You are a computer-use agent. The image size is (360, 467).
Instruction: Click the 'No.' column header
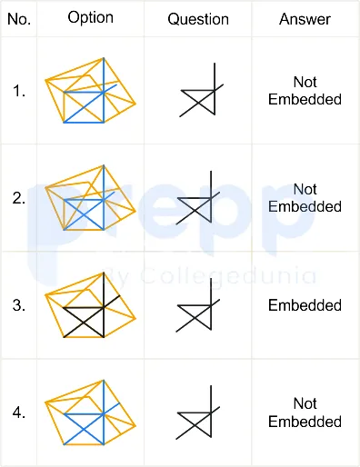point(19,19)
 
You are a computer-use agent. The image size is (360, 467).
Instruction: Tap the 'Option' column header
point(91,18)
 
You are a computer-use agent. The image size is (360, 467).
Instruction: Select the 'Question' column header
point(198,19)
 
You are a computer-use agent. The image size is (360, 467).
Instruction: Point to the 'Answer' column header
point(305,19)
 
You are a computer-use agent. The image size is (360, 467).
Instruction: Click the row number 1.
point(19,91)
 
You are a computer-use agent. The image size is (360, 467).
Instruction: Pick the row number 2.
point(19,198)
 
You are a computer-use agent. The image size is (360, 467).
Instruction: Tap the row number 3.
point(19,305)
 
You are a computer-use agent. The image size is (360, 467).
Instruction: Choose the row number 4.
point(19,412)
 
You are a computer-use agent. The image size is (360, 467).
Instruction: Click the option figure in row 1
point(90,90)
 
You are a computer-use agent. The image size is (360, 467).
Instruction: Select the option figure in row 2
point(90,198)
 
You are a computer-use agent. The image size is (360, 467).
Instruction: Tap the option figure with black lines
point(90,305)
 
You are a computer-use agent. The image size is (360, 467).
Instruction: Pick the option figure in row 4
point(90,412)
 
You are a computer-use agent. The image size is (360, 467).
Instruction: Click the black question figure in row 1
point(202,90)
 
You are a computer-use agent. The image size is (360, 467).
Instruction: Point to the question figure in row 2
point(198,197)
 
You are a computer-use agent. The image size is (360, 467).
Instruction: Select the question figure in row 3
point(198,305)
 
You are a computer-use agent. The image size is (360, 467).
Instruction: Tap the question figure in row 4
point(198,412)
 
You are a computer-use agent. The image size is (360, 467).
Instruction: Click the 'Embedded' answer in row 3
point(305,305)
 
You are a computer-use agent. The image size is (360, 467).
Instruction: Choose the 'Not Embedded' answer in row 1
point(305,91)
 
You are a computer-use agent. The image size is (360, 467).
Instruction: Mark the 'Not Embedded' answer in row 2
point(305,198)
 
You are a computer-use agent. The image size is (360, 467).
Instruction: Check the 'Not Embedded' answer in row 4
point(305,412)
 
